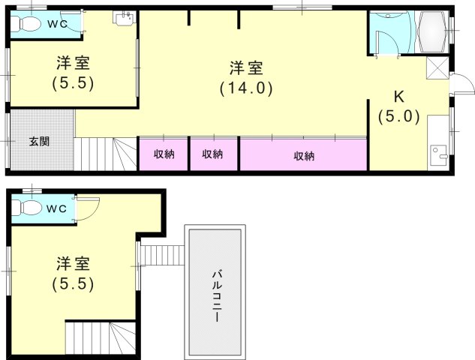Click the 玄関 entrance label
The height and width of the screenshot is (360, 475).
coord(39,142)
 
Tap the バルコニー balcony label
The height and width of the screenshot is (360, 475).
coord(217,296)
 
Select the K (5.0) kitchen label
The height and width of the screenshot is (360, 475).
coord(399,107)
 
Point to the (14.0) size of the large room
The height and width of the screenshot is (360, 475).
coord(246,88)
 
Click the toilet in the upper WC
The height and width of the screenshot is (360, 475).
coord(28,23)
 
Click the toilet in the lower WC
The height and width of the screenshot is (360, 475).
coord(29,208)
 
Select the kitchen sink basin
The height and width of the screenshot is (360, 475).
coord(439,154)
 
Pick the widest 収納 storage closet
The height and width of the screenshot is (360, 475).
coord(304,154)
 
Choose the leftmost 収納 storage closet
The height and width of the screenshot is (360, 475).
coord(164,154)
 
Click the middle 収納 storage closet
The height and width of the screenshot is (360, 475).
coord(214,154)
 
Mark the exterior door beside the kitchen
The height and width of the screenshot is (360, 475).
coord(461,85)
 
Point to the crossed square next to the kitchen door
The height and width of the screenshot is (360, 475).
coord(437,67)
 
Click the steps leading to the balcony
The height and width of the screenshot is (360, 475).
coord(163,255)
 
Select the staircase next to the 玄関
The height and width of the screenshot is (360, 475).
coord(105,154)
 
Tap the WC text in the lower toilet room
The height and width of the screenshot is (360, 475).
coord(56,208)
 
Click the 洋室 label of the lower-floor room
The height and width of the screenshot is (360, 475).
coord(73,264)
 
